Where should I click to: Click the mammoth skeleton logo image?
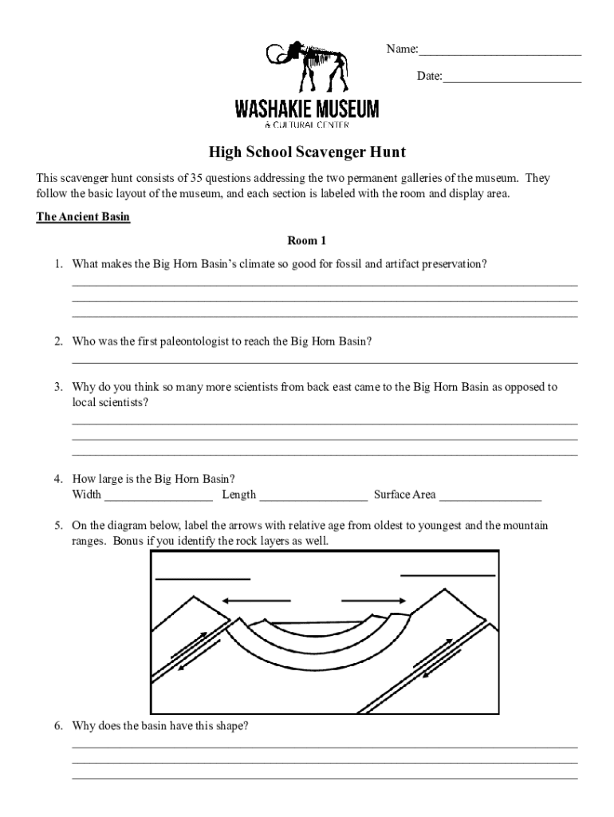point(308,67)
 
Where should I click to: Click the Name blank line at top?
point(500,53)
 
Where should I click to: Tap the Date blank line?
point(512,81)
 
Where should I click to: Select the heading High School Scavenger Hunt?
point(307,151)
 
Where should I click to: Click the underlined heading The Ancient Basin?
point(83,217)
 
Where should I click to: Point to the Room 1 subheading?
point(307,240)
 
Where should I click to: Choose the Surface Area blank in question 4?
point(490,499)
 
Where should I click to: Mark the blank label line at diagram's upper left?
point(203,578)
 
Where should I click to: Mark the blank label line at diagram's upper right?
point(447,574)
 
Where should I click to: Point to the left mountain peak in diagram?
point(191,597)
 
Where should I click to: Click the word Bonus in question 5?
point(113,541)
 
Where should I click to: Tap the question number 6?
point(58,726)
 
